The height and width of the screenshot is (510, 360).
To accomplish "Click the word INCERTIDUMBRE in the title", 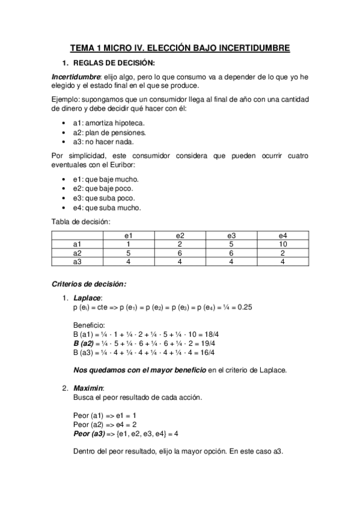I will click(x=252, y=47).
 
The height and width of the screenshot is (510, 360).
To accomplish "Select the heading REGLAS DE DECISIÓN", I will click(x=114, y=63).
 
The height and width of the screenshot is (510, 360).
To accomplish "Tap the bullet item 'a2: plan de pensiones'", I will click(x=100, y=132).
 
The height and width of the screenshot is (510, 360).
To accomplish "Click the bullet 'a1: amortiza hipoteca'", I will click(x=100, y=123).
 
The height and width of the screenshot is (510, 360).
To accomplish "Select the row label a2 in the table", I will click(x=77, y=253).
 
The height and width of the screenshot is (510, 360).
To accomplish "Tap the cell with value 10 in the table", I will click(x=282, y=245).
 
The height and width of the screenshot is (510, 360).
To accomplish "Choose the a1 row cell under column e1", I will click(x=129, y=245).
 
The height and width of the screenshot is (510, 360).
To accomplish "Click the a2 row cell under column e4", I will click(x=282, y=253).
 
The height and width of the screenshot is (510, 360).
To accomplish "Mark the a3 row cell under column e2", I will click(x=180, y=262).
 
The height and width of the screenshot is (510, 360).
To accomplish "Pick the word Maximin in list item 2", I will click(x=88, y=388).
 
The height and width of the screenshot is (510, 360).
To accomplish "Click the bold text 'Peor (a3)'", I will click(x=88, y=433).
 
